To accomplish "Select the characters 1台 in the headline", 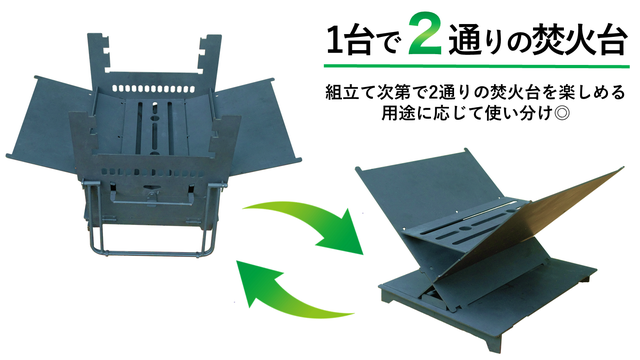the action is click(x=349, y=40).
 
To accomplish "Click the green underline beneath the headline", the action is click(x=476, y=66).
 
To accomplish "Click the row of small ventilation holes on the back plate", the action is click(x=152, y=89).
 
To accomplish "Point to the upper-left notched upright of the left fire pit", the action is click(x=98, y=57).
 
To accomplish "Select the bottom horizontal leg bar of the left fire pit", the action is click(x=151, y=254).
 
